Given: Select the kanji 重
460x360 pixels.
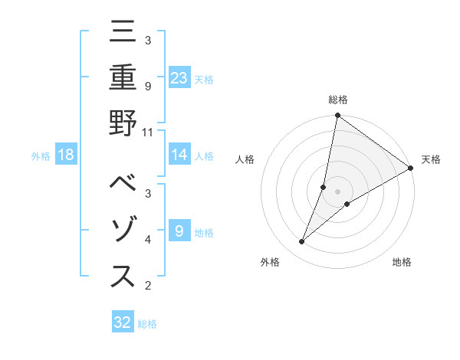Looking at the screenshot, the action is click(x=123, y=78).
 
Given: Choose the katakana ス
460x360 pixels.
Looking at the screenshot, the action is click(x=123, y=277).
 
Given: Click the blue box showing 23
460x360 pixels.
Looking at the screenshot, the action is click(x=179, y=78).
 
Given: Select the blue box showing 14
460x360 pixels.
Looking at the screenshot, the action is click(x=179, y=155).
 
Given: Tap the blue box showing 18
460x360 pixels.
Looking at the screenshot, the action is click(x=66, y=155).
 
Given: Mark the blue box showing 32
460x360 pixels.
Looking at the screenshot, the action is click(x=123, y=322).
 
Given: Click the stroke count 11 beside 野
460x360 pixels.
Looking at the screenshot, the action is click(x=149, y=132).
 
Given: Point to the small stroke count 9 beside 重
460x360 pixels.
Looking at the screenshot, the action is click(x=148, y=86).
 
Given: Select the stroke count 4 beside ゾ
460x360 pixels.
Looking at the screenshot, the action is click(x=148, y=240).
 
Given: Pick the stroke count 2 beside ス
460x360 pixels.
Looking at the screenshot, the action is click(x=148, y=286).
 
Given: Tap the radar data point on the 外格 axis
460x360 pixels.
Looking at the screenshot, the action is click(x=301, y=242).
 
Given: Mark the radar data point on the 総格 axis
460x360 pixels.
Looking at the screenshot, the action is click(x=337, y=116).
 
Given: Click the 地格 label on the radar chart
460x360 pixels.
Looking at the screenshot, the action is click(x=402, y=263).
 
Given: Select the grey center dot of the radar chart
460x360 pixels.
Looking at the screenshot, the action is click(x=337, y=191).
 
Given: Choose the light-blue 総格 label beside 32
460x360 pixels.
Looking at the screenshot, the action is click(x=147, y=324).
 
